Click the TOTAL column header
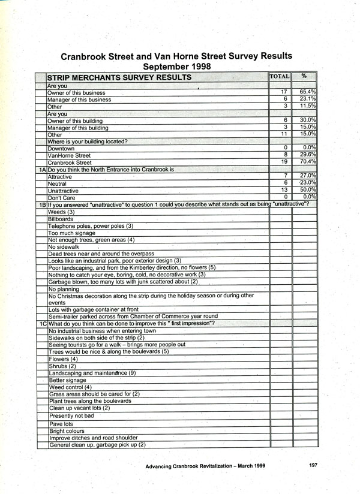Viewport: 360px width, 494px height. point(280,77)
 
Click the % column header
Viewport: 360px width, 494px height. point(304,76)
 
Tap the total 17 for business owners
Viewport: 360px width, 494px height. point(285,92)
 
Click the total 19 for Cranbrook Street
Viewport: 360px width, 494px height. point(285,162)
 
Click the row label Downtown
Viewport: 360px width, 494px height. point(61,148)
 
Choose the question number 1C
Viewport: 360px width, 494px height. point(42,324)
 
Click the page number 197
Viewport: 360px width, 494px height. point(314,465)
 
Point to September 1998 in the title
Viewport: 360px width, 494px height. point(178,66)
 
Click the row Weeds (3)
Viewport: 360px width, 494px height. point(61,212)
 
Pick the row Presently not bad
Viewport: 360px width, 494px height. point(71,415)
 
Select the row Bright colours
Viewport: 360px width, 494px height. point(67,431)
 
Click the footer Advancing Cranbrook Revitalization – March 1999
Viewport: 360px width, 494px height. point(205,465)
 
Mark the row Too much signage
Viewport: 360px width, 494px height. point(71,233)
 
